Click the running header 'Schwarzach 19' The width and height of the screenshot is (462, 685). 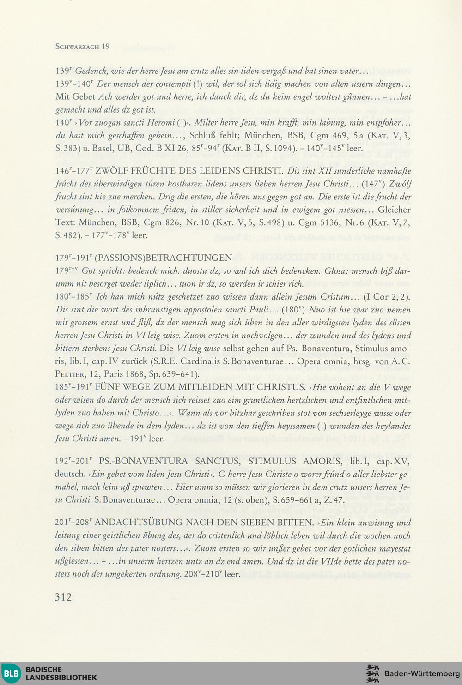click(x=82, y=46)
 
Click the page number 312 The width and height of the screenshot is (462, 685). click(x=64, y=597)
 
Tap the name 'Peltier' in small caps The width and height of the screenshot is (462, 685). click(x=69, y=374)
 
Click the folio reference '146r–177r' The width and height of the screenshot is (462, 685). click(x=74, y=171)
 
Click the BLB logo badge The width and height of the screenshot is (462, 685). click(x=11, y=673)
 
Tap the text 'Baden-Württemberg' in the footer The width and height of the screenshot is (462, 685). click(x=422, y=673)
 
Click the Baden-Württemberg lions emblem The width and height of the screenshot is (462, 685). click(x=372, y=673)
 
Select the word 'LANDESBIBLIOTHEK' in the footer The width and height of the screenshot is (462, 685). click(x=61, y=678)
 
